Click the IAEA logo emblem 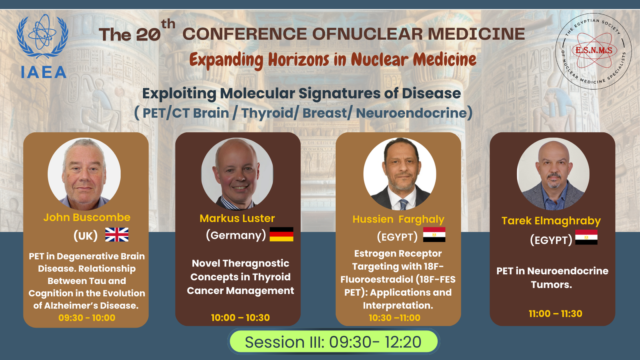[x=42, y=46]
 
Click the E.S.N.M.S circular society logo [x=594, y=51]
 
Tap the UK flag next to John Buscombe [x=116, y=234]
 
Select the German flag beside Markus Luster [x=282, y=234]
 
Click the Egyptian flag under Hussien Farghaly [x=434, y=234]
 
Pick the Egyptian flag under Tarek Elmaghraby [x=586, y=237]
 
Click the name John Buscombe [x=87, y=218]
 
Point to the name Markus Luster [x=237, y=218]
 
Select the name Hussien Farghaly [x=398, y=220]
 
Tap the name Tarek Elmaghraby [x=551, y=221]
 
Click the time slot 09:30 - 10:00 [x=87, y=318]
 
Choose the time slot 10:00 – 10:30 [x=240, y=318]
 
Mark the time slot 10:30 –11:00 [x=394, y=318]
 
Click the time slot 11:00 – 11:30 [x=556, y=314]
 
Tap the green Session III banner [x=334, y=342]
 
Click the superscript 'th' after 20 [x=168, y=24]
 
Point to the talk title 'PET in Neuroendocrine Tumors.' [x=552, y=278]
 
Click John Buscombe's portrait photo [x=84, y=174]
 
